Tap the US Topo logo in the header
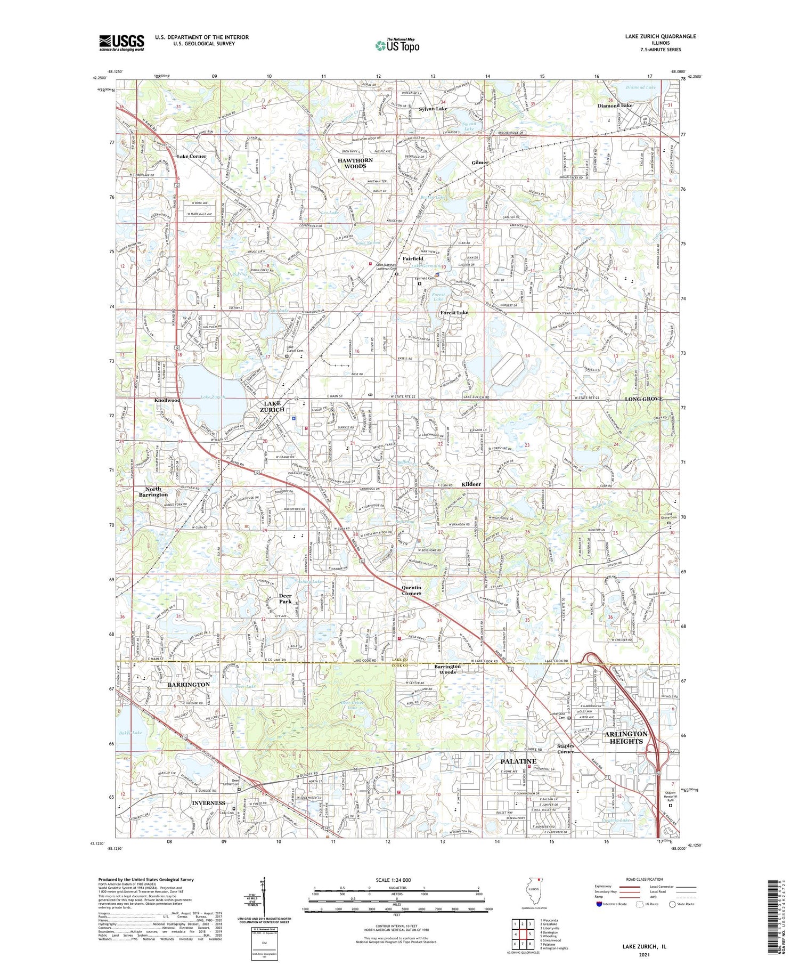tap(397, 45)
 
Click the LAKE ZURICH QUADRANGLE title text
tap(653, 37)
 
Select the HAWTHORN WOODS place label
tap(355, 163)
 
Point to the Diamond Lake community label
tap(615, 105)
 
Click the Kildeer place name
tap(471, 484)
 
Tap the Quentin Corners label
tap(411, 590)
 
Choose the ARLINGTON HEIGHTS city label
tap(626, 737)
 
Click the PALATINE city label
tap(518, 761)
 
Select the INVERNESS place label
tap(208, 802)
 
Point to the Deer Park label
tap(285, 598)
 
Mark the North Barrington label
tap(153, 492)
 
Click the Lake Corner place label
tap(191, 157)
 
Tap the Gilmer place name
tap(479, 163)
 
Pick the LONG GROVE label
tap(643, 399)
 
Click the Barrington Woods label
tap(447, 669)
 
